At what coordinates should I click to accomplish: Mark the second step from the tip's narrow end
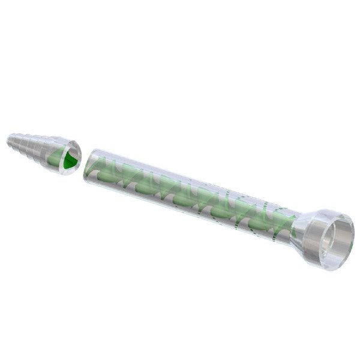point(20,144)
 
